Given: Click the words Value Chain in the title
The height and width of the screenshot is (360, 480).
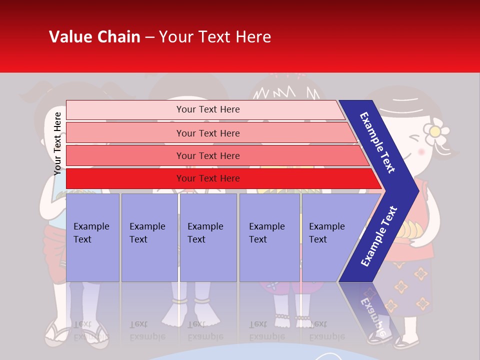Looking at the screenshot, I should pos(94,37).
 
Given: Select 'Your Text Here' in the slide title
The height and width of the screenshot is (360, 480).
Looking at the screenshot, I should pos(215,37).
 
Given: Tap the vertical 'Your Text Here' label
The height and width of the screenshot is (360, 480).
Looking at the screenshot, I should pos(57,143).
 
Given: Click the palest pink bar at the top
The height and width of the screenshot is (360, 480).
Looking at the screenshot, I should pos(207,109).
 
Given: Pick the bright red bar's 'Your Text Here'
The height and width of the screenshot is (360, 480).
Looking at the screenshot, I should pos(208,178).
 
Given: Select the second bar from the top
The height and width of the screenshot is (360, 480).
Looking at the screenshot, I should pos(208,133).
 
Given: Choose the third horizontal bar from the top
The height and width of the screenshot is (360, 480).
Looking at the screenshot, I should pos(208,156).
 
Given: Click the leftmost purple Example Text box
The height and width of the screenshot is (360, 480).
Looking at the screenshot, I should pos(92,237).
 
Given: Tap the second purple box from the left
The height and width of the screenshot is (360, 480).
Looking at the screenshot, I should pos(149,237).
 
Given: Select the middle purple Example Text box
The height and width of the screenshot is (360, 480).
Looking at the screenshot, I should pos(207,237).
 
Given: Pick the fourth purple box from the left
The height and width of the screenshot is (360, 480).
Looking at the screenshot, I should pos(269,237).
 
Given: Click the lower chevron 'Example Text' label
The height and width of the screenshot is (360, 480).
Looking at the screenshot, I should pos(379,236).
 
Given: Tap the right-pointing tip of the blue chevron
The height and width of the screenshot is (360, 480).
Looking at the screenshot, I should pos(416,190).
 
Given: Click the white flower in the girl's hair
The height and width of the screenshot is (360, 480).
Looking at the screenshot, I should pos(435,131).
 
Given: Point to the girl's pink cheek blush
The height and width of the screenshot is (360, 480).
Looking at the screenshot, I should pos(421,151).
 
